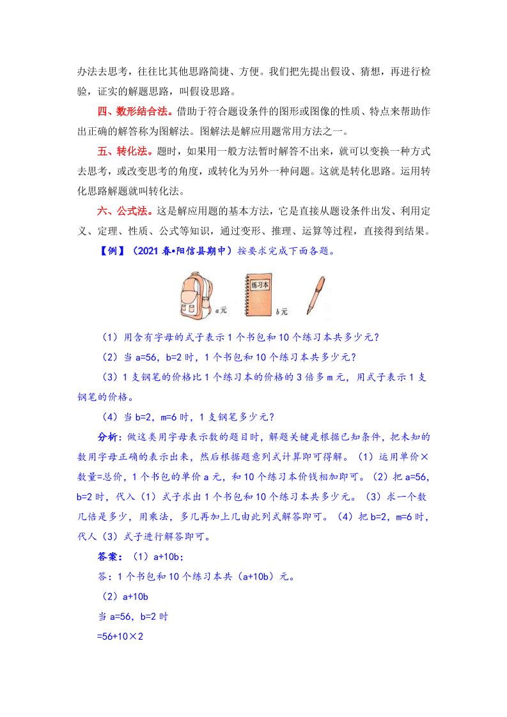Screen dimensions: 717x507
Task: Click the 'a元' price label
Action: click(x=221, y=310)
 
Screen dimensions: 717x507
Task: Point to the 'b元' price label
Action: click(x=282, y=312)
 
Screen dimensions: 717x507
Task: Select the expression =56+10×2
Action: click(x=118, y=636)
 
